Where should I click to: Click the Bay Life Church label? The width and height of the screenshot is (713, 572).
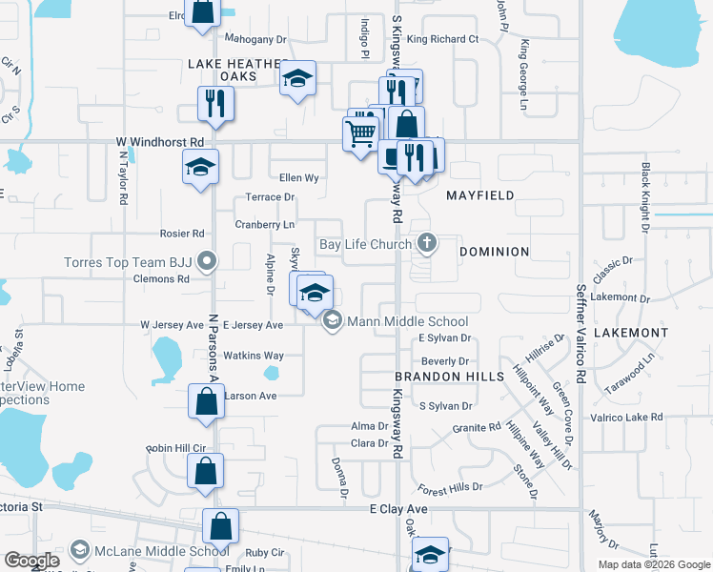[x=365, y=245]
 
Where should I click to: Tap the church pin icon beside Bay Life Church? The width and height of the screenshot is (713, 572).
[x=426, y=244]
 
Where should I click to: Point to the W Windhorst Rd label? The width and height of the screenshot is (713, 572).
[x=160, y=142]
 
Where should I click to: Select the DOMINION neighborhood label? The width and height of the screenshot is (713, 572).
[x=494, y=252]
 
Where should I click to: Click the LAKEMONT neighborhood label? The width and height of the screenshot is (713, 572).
[x=631, y=333]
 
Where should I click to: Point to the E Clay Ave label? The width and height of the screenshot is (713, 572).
[x=399, y=510]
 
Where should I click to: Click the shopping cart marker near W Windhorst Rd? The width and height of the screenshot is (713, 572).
[x=360, y=133]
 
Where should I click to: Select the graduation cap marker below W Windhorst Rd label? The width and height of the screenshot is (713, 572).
[x=200, y=167]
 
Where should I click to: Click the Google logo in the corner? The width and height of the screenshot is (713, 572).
[x=31, y=561]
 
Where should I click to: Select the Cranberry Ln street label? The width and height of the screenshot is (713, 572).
[x=265, y=225]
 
